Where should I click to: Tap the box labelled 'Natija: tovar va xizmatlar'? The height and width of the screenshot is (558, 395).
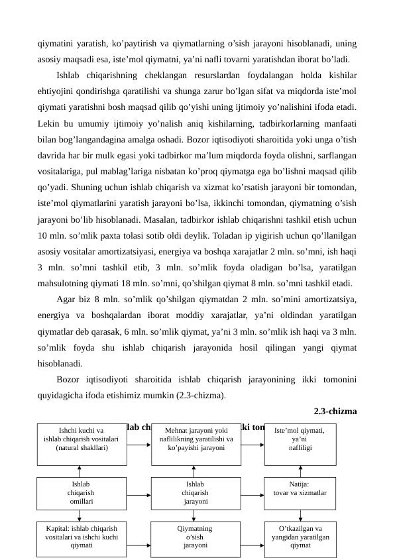[300, 494]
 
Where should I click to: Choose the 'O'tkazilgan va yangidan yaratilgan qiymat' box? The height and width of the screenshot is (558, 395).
[300, 538]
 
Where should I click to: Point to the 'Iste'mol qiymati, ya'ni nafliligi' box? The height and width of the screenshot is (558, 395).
[300, 443]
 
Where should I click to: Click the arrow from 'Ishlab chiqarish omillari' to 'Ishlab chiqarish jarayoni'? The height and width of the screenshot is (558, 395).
[139, 494]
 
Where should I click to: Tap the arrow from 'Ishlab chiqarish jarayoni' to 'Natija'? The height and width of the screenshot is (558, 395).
[252, 494]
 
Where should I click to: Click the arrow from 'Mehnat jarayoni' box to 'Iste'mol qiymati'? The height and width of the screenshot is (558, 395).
[252, 444]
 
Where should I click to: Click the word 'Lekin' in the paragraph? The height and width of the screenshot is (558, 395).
[49, 124]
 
